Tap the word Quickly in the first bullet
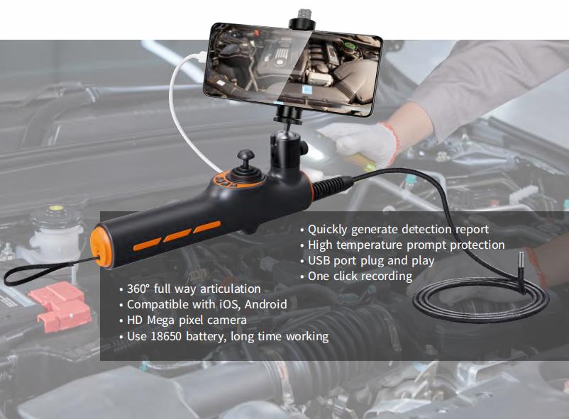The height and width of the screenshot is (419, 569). coord(331,229)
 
